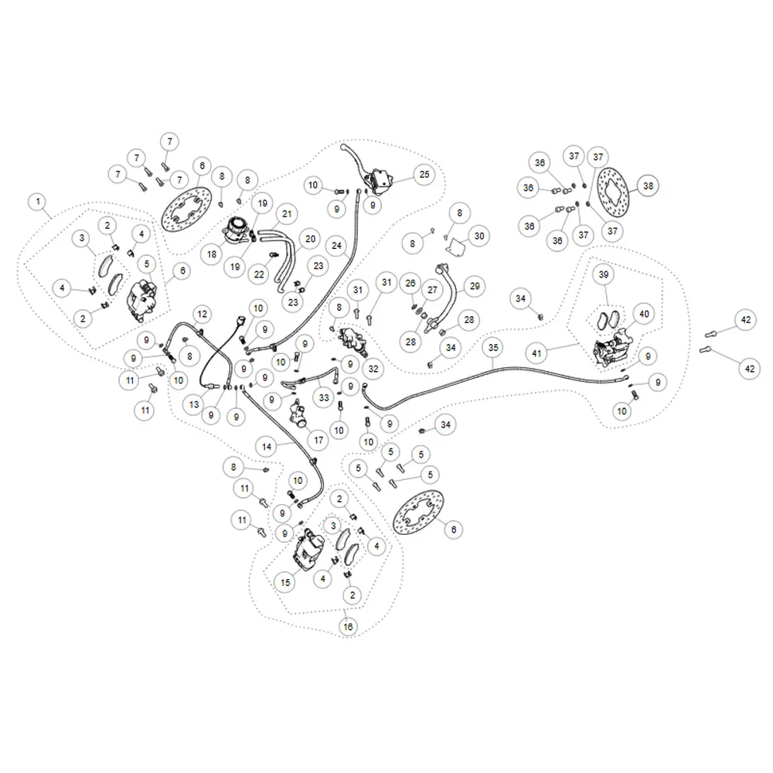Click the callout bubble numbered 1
[x=38, y=202]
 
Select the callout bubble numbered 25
[x=424, y=175]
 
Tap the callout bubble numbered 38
[x=648, y=186]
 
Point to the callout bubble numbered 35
[x=493, y=348]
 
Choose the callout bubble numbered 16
[x=348, y=627]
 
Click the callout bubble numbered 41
[x=536, y=353]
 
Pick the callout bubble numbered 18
[x=212, y=254]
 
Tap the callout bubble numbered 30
[x=479, y=236]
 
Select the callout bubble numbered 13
[x=194, y=405]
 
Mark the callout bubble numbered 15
[x=285, y=583]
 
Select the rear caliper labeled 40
[x=613, y=347]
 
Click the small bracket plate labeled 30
[x=455, y=246]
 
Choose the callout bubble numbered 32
[x=373, y=369]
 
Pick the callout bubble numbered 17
[x=318, y=441]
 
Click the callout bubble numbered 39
[x=604, y=274]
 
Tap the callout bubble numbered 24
[x=337, y=246]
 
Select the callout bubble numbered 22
[x=259, y=274]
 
